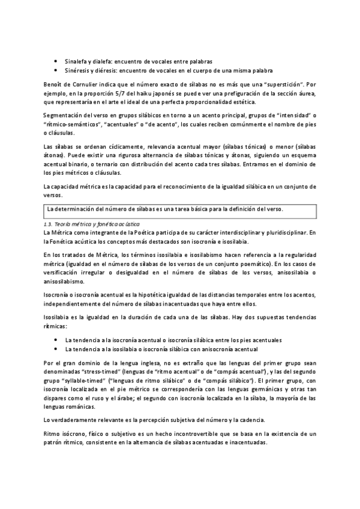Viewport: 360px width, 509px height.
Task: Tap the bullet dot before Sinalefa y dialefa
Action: [56, 61]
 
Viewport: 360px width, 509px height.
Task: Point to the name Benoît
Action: [55, 83]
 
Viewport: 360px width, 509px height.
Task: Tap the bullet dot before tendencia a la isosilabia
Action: [56, 349]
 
